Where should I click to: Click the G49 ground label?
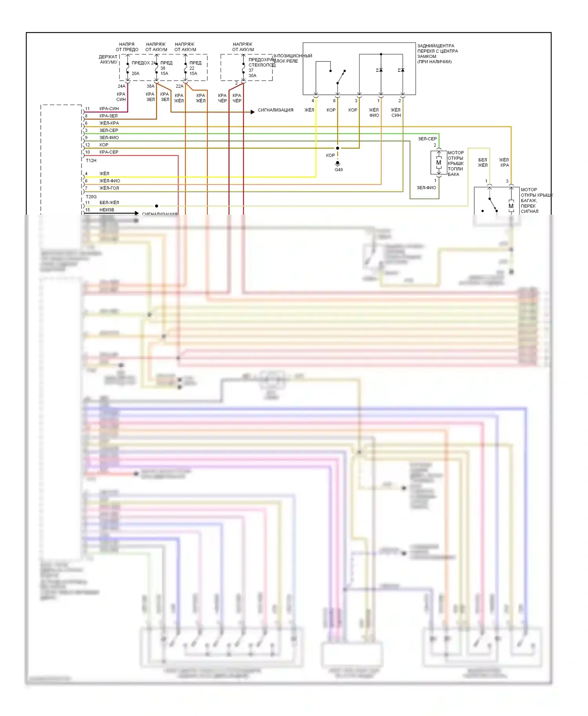coord(339,170)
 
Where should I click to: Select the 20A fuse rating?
coord(135,73)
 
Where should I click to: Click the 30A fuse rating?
coord(252,76)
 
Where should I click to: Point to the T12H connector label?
coord(91,161)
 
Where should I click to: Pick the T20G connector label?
coord(91,197)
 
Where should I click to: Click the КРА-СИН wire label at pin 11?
coord(109,108)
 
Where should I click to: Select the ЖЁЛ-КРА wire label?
coord(109,123)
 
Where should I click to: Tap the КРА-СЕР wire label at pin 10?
coord(109,152)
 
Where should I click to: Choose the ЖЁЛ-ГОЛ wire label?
coord(109,188)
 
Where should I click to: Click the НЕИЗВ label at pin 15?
coord(107,210)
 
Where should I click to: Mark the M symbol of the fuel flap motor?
coord(439,163)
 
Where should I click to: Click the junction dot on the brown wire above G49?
coord(338,148)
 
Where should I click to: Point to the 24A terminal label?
coord(122,86)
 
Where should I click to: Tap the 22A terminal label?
coord(180,86)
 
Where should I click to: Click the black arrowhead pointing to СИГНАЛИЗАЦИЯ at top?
coord(252,112)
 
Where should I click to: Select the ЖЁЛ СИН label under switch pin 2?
coord(396,112)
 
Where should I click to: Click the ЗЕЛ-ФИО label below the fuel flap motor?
coord(426,188)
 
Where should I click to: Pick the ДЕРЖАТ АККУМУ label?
coord(109,59)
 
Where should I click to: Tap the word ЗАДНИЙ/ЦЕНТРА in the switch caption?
coord(436,46)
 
